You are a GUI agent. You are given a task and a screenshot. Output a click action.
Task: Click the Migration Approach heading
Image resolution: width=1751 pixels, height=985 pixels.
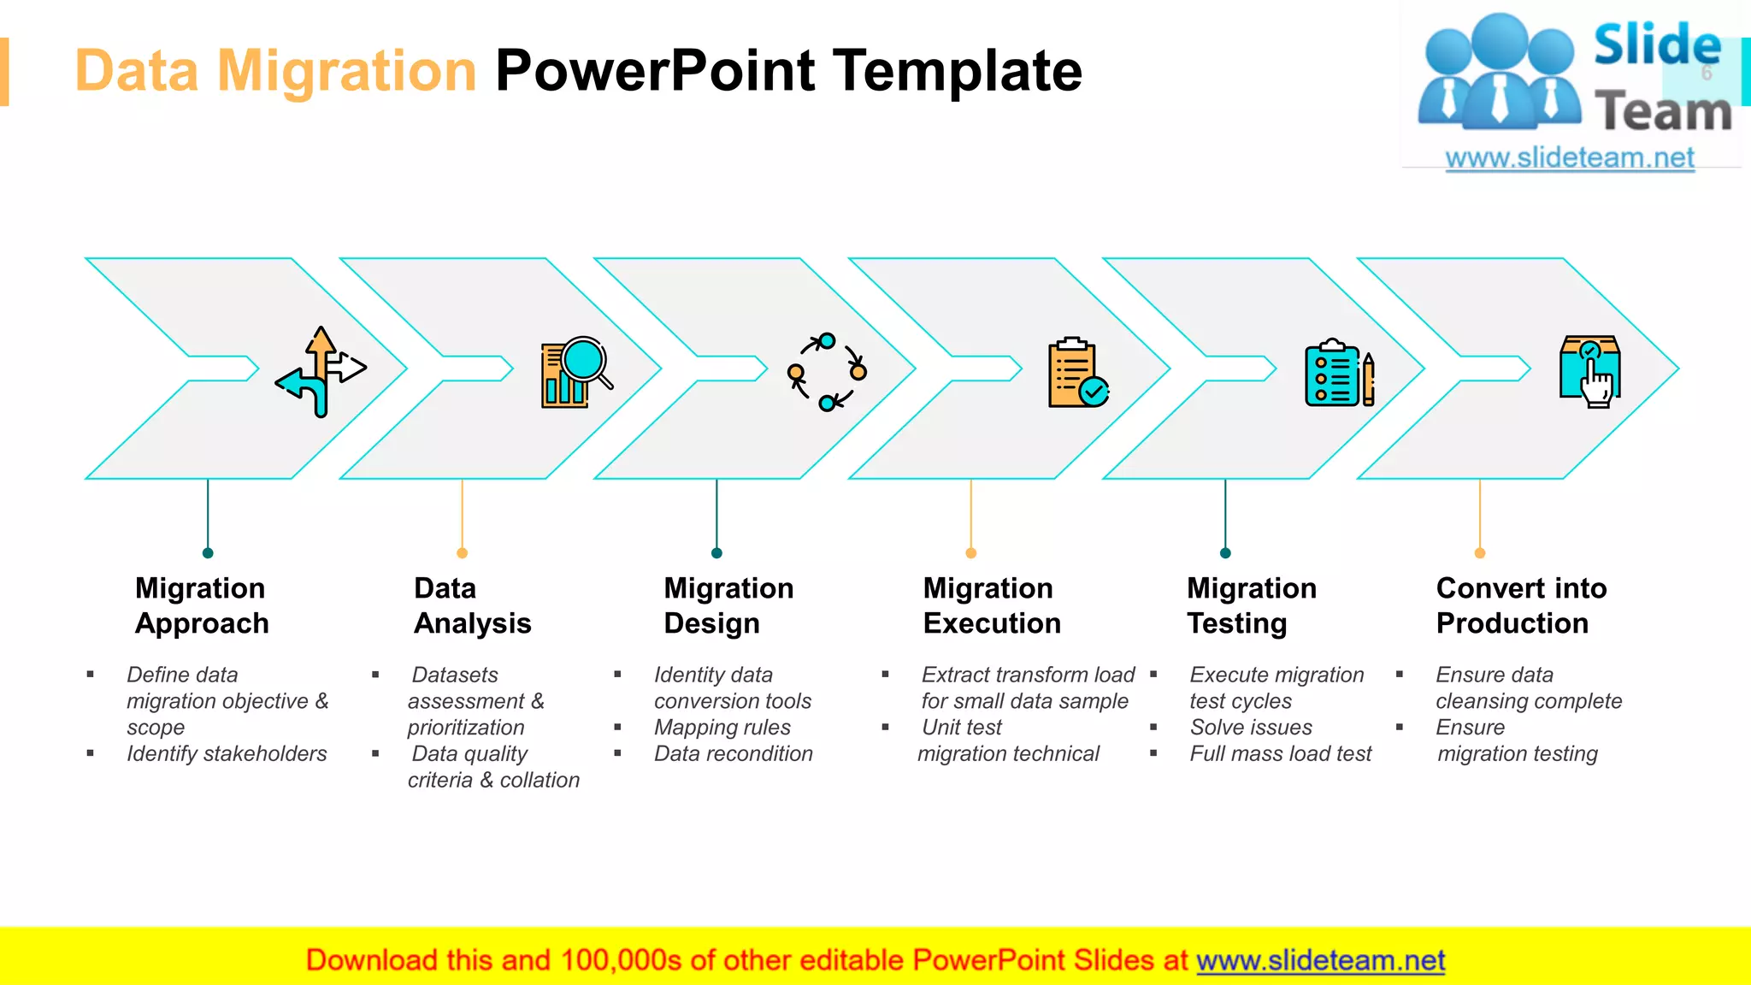(x=202, y=605)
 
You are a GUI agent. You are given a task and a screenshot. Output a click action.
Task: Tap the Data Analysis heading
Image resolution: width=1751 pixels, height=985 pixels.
(x=472, y=605)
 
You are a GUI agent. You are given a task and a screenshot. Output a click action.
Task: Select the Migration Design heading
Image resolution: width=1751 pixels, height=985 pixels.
(x=728, y=605)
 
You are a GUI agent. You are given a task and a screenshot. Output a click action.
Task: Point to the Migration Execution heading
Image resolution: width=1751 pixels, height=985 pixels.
(x=992, y=605)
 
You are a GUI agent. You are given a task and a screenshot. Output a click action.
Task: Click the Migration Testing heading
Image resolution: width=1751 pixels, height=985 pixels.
(x=1251, y=605)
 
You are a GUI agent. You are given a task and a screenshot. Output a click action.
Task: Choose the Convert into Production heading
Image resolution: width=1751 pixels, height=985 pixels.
(x=1521, y=605)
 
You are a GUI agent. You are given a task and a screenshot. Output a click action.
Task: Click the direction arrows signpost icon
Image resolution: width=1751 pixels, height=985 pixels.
(x=321, y=371)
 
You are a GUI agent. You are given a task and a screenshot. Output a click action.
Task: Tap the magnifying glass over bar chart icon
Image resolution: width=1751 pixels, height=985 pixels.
(x=576, y=371)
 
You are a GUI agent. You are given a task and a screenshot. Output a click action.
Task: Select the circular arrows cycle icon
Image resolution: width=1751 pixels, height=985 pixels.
(x=827, y=371)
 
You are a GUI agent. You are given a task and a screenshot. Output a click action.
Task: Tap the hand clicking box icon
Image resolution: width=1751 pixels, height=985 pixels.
(x=1590, y=371)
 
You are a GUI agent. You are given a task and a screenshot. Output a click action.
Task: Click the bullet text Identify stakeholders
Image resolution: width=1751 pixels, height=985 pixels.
(x=227, y=753)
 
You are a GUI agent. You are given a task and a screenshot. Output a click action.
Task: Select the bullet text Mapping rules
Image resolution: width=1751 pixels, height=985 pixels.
(x=722, y=727)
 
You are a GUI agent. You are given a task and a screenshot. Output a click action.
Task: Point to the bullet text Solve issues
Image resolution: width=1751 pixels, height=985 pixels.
(x=1251, y=727)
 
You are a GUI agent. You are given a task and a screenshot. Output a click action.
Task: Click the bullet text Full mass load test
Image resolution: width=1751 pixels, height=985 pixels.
(x=1280, y=753)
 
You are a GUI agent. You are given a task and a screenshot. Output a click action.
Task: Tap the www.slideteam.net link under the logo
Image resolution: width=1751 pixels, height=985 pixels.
(x=1570, y=157)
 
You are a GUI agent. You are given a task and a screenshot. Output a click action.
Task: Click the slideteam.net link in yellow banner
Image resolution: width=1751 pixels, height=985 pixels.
(x=1320, y=960)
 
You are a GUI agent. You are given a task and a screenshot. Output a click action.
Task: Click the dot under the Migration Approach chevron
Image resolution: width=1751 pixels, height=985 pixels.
(x=208, y=553)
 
